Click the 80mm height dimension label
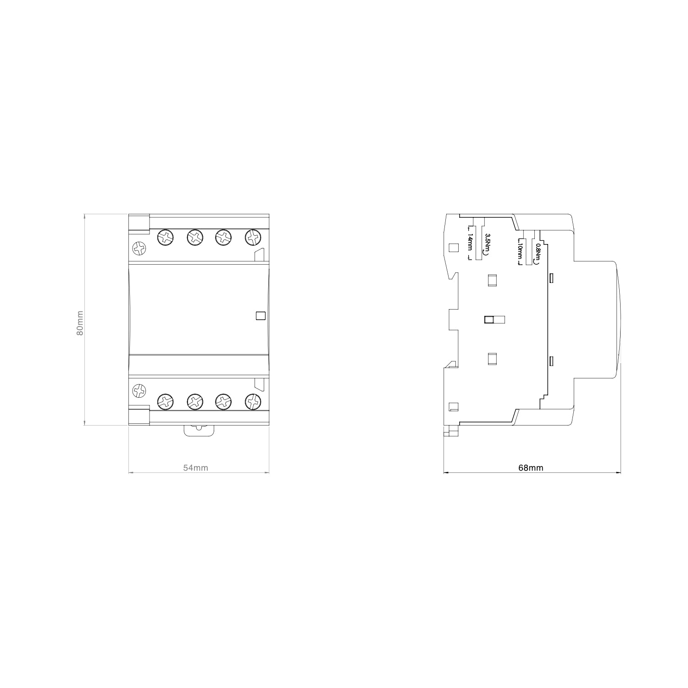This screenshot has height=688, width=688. point(80,323)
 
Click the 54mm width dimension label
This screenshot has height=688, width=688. point(196,468)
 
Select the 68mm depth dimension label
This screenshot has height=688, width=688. point(531,468)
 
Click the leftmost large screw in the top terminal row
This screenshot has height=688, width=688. point(166,237)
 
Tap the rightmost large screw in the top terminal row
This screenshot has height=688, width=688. point(253,237)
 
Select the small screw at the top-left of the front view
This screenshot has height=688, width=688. point(139,249)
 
